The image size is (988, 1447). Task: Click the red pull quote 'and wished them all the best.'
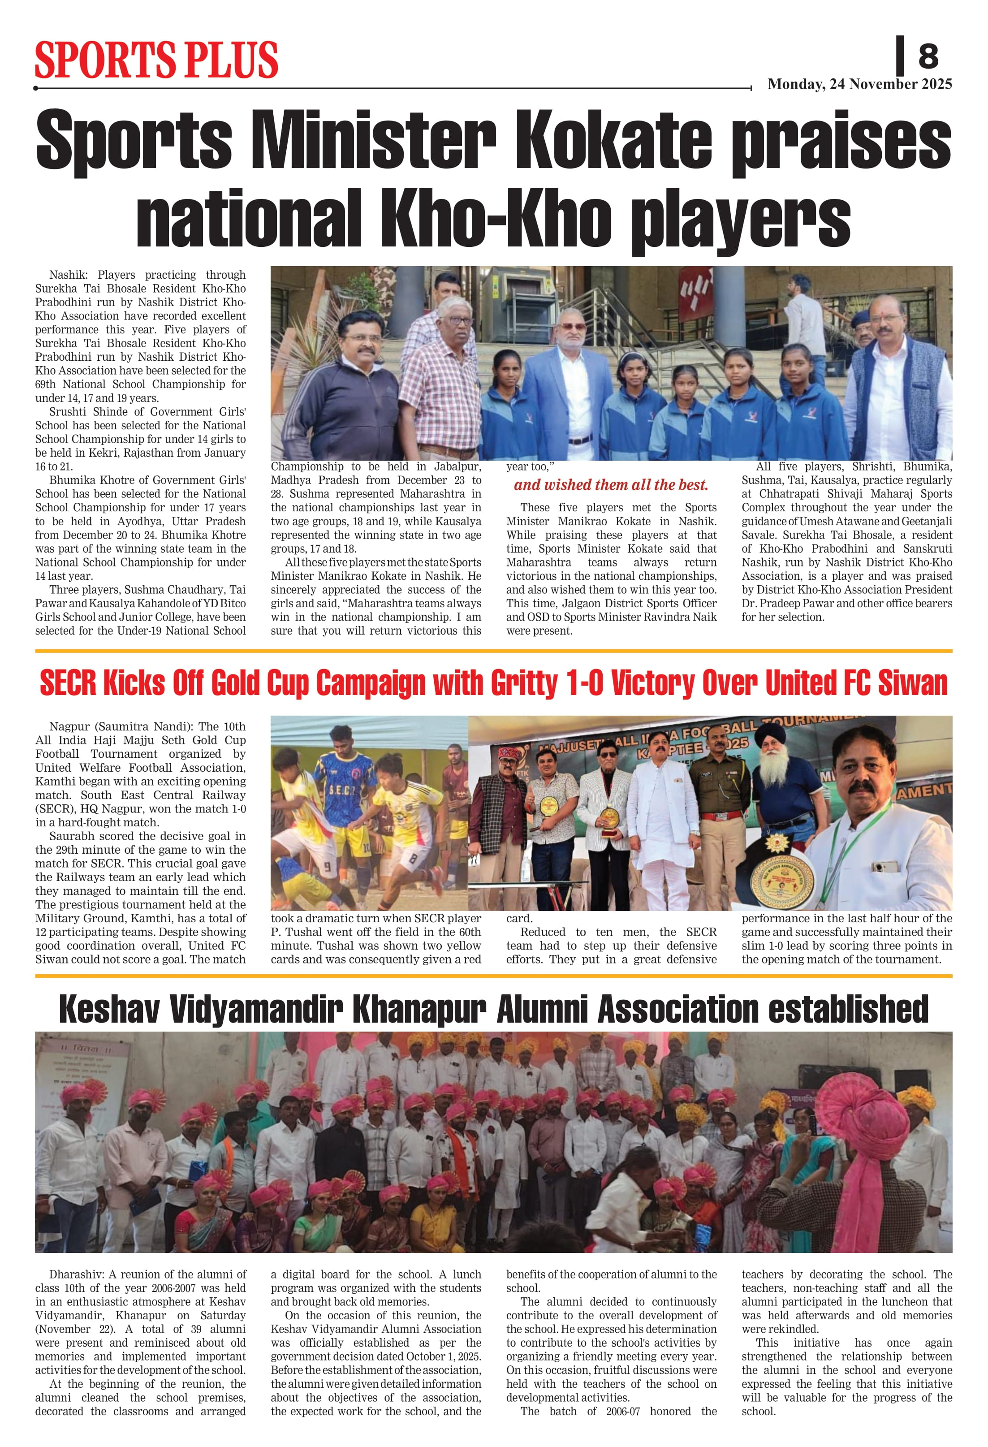click(x=611, y=485)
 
